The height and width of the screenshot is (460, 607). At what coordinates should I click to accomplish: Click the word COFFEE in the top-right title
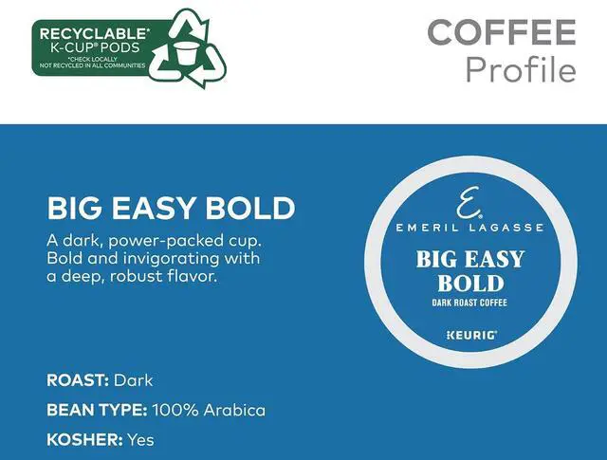click(501, 32)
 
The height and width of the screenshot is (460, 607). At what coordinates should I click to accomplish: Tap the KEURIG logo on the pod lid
click(470, 335)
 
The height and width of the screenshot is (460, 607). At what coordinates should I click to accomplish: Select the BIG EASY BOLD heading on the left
click(171, 208)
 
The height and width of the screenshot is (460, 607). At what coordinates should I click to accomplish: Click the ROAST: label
click(78, 380)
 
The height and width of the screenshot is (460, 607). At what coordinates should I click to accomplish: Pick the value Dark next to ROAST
click(133, 380)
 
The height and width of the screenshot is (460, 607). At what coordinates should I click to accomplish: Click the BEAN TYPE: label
click(96, 410)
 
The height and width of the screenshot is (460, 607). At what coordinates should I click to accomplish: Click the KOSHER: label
click(83, 439)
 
